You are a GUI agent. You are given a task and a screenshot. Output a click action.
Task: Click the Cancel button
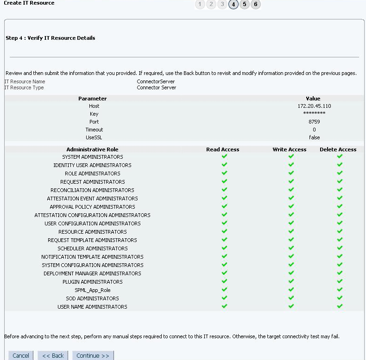pos(20,355)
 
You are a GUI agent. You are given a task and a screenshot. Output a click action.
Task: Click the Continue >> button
pos(93,355)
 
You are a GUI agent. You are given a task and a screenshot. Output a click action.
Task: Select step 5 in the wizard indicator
pos(245,4)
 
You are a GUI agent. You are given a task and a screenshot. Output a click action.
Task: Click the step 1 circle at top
pos(200,4)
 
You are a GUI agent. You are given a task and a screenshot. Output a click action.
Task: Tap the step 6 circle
pos(256,4)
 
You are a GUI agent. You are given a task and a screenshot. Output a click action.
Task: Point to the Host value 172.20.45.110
pos(314,106)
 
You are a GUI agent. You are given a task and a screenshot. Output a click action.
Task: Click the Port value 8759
pos(314,122)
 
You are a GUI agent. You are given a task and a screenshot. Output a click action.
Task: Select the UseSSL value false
pos(314,137)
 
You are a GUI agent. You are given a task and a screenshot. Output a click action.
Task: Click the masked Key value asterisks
pos(314,114)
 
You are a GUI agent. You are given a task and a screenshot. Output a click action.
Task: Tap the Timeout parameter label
pos(94,130)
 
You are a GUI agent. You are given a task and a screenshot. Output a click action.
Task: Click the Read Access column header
pos(222,149)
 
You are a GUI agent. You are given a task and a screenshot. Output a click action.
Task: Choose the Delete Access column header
pos(338,149)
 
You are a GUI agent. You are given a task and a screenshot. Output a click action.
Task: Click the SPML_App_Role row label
pos(93,290)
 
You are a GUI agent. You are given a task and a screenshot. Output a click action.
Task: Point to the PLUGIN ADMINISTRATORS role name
pos(93,282)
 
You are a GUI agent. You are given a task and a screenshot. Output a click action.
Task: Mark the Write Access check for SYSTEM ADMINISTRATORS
pos(291,156)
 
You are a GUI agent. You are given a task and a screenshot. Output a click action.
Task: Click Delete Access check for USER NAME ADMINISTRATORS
pos(340,306)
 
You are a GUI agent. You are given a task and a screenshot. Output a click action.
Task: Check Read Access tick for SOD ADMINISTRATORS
pos(224,298)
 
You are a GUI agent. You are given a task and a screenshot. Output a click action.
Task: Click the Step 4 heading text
pos(50,38)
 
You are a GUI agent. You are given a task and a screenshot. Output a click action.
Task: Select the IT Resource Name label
pos(25,81)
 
